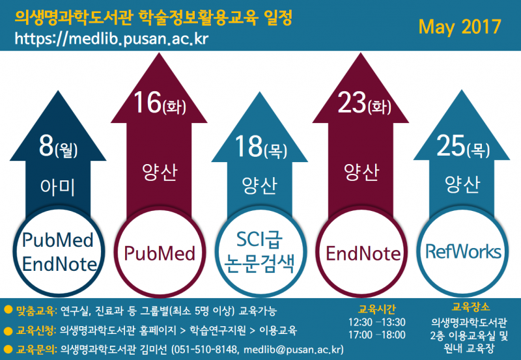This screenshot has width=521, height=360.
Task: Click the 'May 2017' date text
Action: coord(460,27)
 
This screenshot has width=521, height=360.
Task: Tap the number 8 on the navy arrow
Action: coord(46,146)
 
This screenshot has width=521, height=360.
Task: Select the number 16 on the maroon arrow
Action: coord(147,102)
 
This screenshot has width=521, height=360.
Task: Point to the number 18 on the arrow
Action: coord(249,146)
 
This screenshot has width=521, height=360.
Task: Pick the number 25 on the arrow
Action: coord(451,145)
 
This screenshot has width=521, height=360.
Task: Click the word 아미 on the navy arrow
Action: coord(57,187)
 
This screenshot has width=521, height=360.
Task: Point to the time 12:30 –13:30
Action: coord(377,322)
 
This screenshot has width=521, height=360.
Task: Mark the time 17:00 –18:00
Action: coord(377,335)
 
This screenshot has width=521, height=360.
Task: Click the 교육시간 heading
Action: coord(376,309)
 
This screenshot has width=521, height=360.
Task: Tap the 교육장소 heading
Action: coord(471,307)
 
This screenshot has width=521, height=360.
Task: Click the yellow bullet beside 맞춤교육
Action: coord(8,310)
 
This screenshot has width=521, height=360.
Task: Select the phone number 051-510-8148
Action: coord(206,350)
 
